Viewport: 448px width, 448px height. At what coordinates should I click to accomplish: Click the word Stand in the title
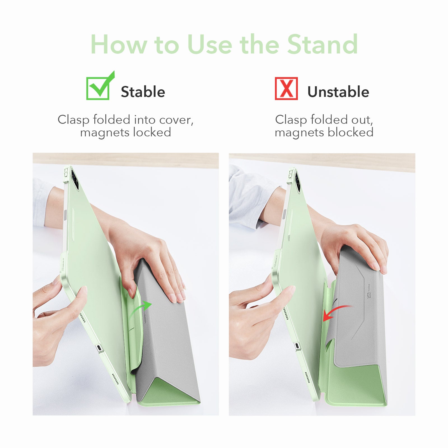[x=323, y=44]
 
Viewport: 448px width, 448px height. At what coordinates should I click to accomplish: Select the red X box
[x=286, y=88]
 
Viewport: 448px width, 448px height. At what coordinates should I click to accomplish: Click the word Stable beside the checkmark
[x=143, y=92]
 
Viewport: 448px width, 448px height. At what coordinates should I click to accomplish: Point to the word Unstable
[x=338, y=92]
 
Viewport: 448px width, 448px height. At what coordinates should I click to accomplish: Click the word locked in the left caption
[x=152, y=132]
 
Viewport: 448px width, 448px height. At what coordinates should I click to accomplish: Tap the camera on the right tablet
[x=297, y=182]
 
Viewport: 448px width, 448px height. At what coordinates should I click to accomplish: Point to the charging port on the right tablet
[x=297, y=346]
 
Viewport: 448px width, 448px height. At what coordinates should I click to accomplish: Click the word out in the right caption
[x=362, y=120]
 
